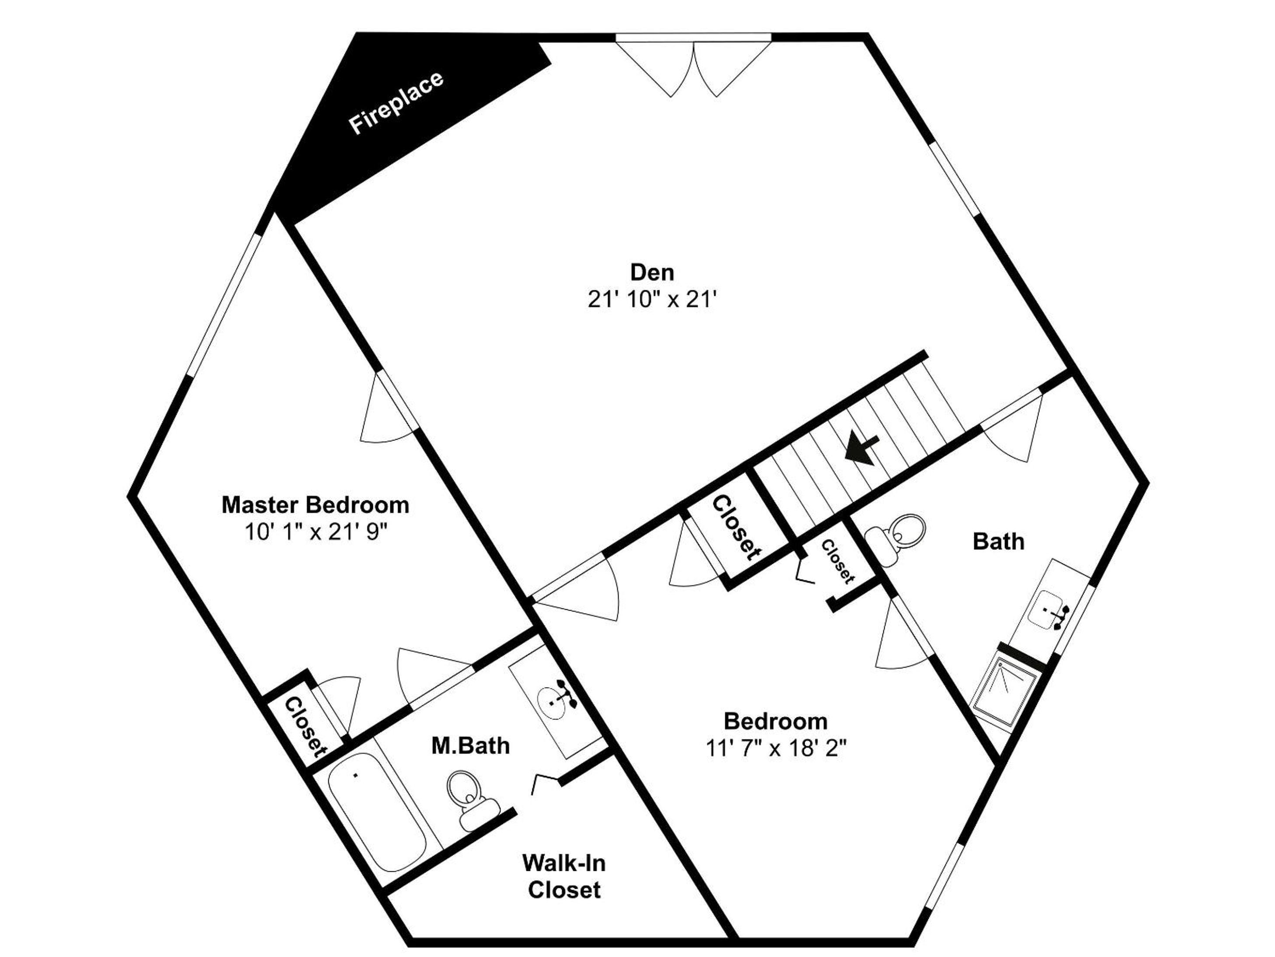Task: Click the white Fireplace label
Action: [396, 103]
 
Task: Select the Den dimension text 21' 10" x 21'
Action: [652, 299]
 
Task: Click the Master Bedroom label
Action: [315, 505]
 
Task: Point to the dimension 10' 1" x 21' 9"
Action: [315, 532]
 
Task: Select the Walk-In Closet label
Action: [564, 876]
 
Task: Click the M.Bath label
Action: [470, 746]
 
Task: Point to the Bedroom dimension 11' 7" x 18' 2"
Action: [776, 748]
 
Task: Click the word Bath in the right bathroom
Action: [998, 541]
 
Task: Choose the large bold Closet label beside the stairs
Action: [736, 528]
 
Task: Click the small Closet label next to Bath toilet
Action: [837, 561]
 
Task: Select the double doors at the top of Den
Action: [693, 66]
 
